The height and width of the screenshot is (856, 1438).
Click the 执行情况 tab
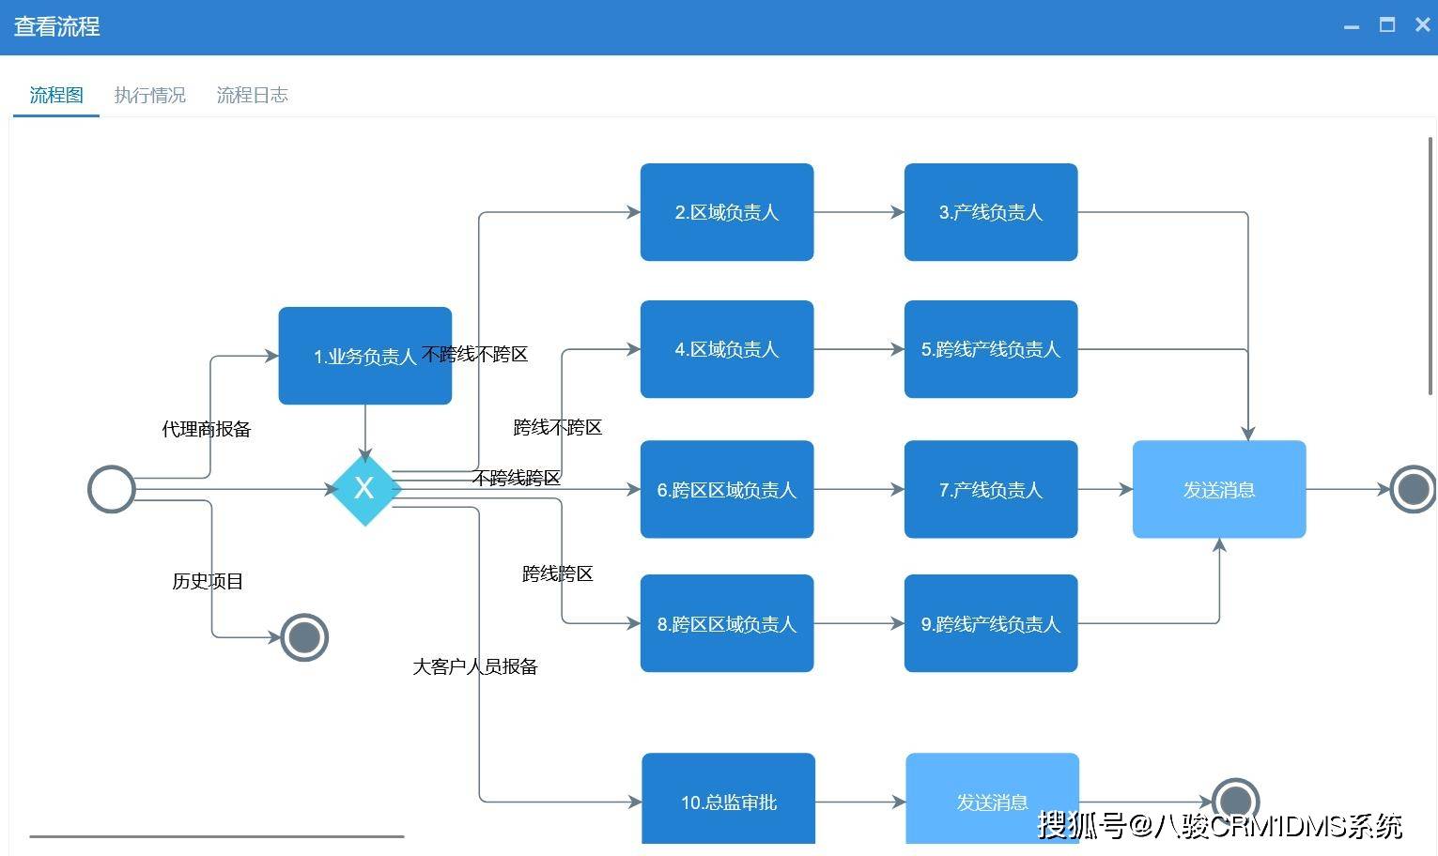[149, 95]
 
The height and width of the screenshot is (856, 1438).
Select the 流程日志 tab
[252, 95]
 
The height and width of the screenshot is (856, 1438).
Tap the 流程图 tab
[56, 95]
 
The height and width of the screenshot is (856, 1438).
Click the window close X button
[1422, 25]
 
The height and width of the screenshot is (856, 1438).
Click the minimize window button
[1352, 26]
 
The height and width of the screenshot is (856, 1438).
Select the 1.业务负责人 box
[364, 356]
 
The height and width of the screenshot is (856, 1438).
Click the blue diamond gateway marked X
[364, 488]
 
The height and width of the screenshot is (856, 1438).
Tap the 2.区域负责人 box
[726, 212]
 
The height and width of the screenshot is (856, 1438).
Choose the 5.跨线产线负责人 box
[990, 349]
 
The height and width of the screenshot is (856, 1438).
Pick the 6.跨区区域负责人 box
[726, 489]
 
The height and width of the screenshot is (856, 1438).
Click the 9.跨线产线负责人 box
[990, 623]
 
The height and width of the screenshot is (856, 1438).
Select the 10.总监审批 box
[728, 802]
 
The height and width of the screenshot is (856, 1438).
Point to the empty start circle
[111, 489]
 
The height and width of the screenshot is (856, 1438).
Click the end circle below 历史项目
[304, 637]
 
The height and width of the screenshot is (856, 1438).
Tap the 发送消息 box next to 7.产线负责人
[1218, 489]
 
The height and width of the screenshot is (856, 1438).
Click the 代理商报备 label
[207, 429]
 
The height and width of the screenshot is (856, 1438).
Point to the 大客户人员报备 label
[475, 666]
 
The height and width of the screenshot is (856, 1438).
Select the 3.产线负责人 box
[990, 212]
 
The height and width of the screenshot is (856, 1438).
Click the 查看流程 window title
[56, 26]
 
